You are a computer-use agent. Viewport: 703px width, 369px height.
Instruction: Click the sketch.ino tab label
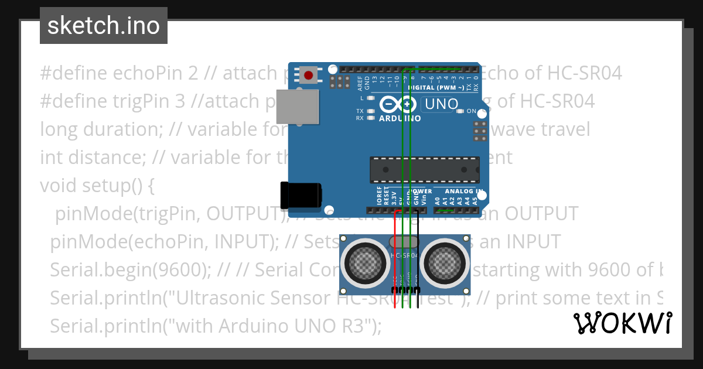104,26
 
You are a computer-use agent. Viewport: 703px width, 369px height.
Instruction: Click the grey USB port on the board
298,106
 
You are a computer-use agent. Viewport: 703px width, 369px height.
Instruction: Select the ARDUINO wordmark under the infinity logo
401,118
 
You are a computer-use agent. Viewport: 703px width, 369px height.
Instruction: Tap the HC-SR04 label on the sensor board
405,255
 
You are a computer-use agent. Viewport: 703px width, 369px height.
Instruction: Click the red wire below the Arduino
395,246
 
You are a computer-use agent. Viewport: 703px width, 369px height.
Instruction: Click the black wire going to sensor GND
418,252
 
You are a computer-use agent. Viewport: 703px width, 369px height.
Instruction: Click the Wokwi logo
623,323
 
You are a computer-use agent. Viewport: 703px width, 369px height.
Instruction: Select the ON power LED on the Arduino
460,111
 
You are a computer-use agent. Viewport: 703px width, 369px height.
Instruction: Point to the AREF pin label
360,80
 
